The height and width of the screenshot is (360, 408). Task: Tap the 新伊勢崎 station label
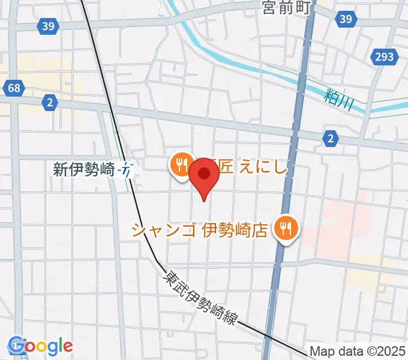tap(83, 170)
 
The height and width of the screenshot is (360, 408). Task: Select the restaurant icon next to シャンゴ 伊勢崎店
tap(286, 229)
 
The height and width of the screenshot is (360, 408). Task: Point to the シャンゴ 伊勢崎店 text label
tap(199, 230)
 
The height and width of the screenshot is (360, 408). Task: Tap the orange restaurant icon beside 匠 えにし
tap(181, 164)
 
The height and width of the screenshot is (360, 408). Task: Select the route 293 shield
tap(385, 56)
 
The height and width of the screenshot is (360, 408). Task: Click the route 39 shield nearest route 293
tap(345, 20)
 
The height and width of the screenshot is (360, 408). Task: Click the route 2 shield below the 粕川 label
tap(331, 139)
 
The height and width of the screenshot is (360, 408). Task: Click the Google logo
tap(41, 346)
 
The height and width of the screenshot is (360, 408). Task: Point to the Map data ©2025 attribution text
tap(358, 352)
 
